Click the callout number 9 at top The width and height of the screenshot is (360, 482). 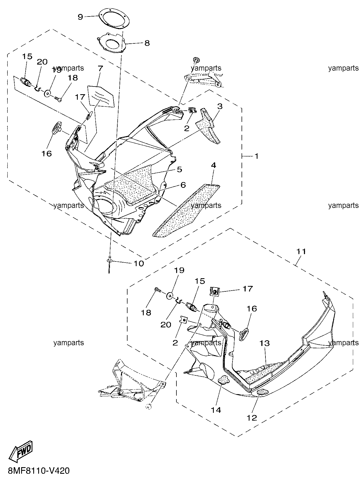click(80, 17)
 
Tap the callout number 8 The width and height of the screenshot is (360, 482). click(147, 43)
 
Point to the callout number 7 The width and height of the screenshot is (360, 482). click(99, 68)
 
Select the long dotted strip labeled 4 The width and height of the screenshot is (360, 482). click(186, 210)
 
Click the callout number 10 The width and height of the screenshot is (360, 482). click(139, 263)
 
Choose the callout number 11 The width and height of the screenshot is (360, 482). click(301, 251)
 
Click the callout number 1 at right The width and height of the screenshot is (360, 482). click(256, 156)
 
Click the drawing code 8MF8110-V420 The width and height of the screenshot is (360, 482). click(38, 471)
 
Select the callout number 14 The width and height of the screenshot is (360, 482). click(216, 410)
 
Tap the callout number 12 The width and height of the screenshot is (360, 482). click(252, 418)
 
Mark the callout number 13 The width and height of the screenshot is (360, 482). click(265, 343)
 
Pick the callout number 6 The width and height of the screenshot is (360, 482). click(183, 185)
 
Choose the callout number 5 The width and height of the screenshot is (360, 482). click(179, 169)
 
